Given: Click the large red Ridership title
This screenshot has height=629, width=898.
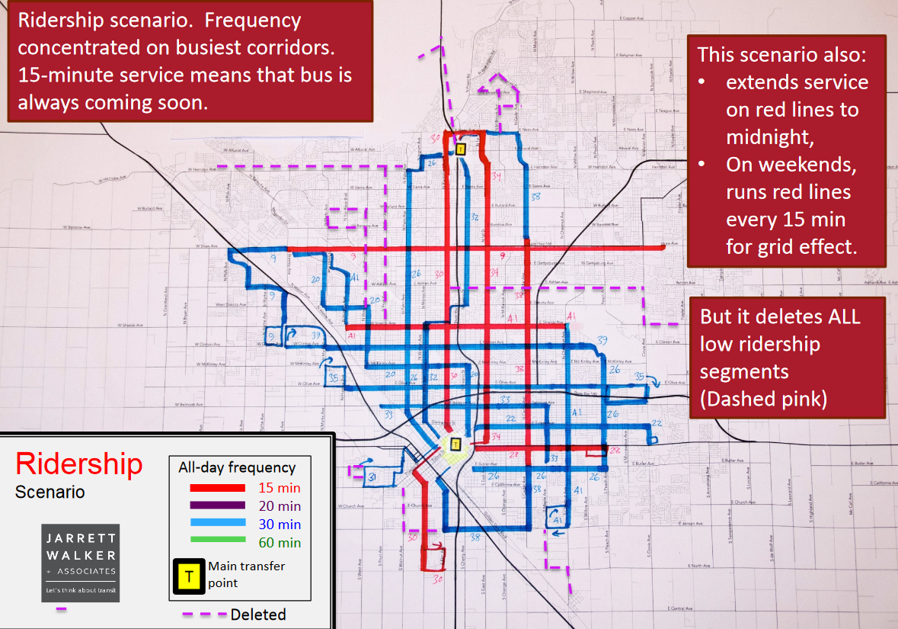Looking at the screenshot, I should click(x=79, y=464).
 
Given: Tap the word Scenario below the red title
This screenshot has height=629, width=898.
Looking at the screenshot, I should click(x=50, y=493).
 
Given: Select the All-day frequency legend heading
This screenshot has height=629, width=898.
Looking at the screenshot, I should click(x=237, y=467).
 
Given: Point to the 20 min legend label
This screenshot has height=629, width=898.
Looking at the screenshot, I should click(x=279, y=506).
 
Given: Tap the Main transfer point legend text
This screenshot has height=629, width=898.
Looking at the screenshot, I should click(x=246, y=574).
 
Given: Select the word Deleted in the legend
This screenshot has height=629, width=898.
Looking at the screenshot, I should click(x=258, y=615).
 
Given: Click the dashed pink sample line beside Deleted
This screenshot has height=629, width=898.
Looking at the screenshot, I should click(x=203, y=615).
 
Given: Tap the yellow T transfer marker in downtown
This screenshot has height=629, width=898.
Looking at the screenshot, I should click(x=455, y=444).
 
